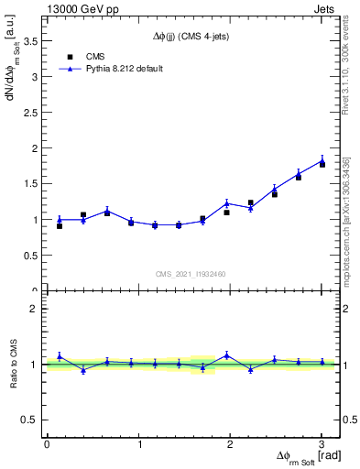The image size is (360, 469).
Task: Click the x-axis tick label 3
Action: click(x=321, y=444)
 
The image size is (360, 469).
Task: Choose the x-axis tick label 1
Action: click(x=138, y=444)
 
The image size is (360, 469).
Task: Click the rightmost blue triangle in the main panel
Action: click(x=322, y=161)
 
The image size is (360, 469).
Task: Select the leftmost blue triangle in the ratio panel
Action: click(x=60, y=356)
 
